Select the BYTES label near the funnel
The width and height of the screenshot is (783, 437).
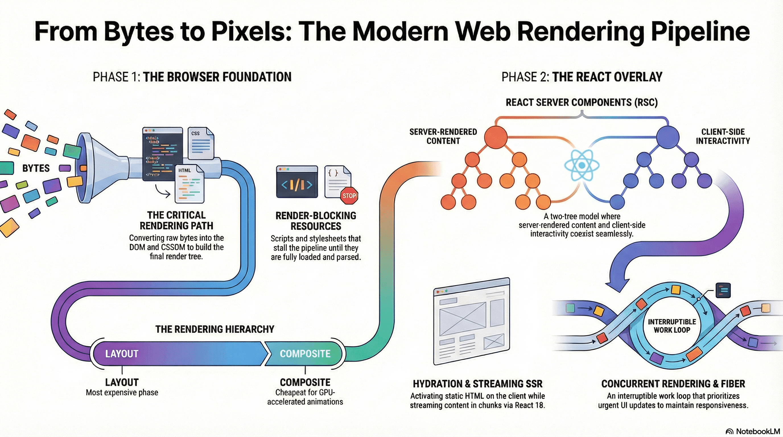point(36,168)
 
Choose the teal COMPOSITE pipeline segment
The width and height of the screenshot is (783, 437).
point(305,353)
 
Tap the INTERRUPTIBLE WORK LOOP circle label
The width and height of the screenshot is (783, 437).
point(672,326)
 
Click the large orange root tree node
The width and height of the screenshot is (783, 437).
point(495,137)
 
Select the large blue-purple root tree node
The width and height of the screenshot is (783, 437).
point(668,137)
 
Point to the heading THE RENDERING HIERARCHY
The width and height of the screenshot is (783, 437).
point(215,329)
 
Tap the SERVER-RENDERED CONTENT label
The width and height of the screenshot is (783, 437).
point(443,136)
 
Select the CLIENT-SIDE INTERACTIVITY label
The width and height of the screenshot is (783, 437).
point(722,136)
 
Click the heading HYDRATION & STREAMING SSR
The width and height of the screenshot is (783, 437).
point(477,384)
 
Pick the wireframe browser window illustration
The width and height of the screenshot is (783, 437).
point(471,321)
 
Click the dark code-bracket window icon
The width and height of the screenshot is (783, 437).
point(297,182)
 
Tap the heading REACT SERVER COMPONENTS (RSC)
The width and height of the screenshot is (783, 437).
point(582,102)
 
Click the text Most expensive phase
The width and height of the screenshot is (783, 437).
point(122,393)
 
